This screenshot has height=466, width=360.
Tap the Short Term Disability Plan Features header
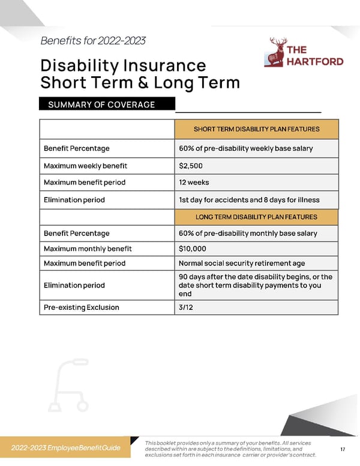tap(256, 129)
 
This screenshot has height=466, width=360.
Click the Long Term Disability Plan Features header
tap(256, 217)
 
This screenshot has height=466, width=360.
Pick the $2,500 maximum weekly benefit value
tap(191, 166)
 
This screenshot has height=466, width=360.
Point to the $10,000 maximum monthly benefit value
tap(193, 249)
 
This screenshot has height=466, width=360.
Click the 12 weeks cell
tap(193, 183)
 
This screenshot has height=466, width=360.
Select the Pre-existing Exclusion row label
tap(82, 307)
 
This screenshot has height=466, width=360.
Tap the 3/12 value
tap(187, 307)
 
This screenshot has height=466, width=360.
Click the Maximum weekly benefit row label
tap(85, 166)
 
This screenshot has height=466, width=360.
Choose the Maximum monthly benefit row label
tap(88, 249)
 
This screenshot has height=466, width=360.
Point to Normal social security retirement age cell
tap(242, 263)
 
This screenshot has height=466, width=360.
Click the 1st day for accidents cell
tap(249, 200)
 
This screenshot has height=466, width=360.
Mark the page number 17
tap(343, 450)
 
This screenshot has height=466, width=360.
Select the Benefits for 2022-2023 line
tap(92, 41)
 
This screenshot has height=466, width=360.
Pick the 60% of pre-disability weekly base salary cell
tap(245, 148)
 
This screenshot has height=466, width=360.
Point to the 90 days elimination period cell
tap(255, 285)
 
